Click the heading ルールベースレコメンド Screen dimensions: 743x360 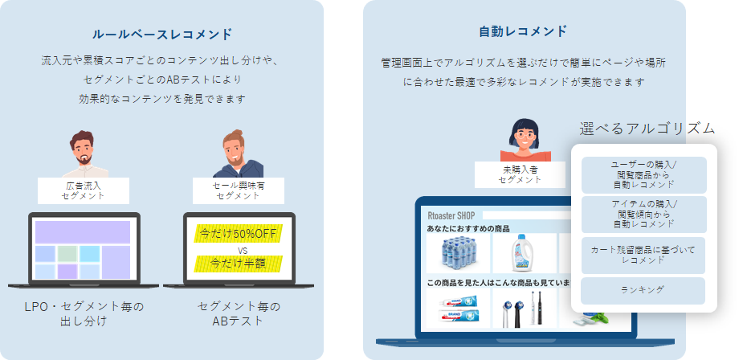point(162,34)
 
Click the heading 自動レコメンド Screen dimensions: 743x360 point(523,31)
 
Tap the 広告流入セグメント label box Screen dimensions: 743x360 point(84,190)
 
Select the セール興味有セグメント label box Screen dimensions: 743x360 point(239,190)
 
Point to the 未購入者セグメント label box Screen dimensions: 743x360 point(520,174)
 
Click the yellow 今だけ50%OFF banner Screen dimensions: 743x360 point(239,234)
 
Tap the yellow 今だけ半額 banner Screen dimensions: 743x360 point(239,264)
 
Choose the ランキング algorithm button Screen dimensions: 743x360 point(643,291)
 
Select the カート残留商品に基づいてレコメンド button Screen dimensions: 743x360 point(643,256)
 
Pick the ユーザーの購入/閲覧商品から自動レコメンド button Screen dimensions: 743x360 point(644,175)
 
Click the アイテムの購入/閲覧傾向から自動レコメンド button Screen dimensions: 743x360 point(644,215)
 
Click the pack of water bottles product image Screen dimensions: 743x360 point(459,253)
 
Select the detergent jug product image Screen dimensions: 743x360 point(524,253)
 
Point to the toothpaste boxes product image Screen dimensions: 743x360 point(459,308)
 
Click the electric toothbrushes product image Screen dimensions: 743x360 point(524,308)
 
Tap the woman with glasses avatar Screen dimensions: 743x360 point(525,140)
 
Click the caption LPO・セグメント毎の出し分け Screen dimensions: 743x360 point(84,314)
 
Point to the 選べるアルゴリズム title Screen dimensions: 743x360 point(647,129)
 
